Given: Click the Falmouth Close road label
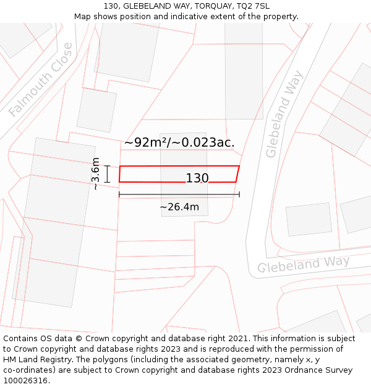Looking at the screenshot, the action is click(40, 80).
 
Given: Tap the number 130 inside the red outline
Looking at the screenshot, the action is click(197, 178).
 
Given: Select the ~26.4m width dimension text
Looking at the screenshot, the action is click(179, 207).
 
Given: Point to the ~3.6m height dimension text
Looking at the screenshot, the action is click(95, 174).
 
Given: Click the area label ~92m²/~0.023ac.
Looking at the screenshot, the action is click(179, 142).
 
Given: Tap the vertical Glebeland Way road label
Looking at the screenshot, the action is click(284, 115).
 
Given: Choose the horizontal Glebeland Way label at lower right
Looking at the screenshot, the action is click(303, 264).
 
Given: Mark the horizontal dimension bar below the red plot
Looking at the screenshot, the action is click(179, 194).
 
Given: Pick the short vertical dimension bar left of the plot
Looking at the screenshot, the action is click(107, 174).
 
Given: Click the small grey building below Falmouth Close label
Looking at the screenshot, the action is click(96, 110).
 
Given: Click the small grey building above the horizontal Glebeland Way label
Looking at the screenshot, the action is click(309, 219).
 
